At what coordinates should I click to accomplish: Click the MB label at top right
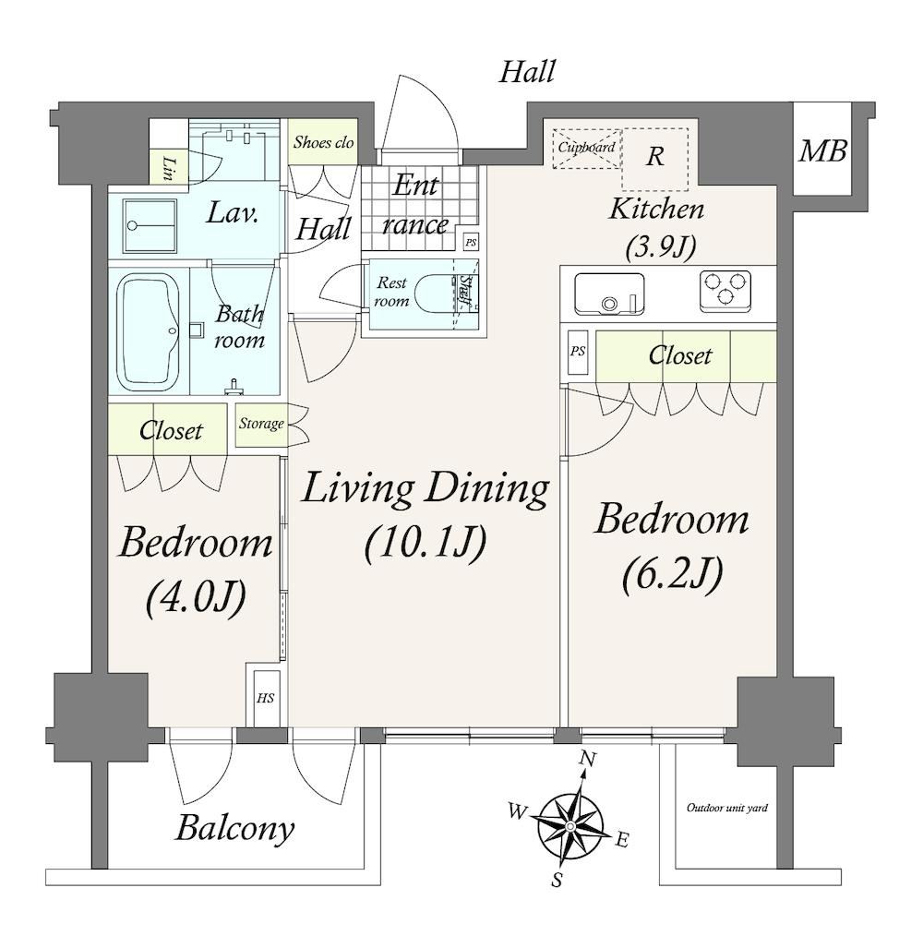pos(822,150)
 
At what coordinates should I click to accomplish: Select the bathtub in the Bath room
pos(149,332)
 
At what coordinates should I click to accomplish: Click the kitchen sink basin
pos(608,294)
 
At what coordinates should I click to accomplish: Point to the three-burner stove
pos(725,291)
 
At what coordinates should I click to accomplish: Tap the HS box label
pos(265,698)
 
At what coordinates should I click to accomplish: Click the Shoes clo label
pos(323,143)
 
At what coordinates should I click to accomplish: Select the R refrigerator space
pos(655,159)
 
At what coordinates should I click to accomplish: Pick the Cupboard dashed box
pos(586,148)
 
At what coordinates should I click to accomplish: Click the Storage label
pos(261,423)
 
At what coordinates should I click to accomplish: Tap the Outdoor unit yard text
pos(727,808)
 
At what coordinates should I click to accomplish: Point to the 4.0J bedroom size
pos(196,597)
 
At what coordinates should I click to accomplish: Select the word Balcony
pos(234,828)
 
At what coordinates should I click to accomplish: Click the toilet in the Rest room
pos(437,294)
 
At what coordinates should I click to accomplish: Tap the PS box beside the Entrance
pos(471,242)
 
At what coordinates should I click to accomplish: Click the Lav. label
pos(233,213)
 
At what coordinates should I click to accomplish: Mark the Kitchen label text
pos(657,210)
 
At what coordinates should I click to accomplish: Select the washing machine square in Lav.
pos(150,225)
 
